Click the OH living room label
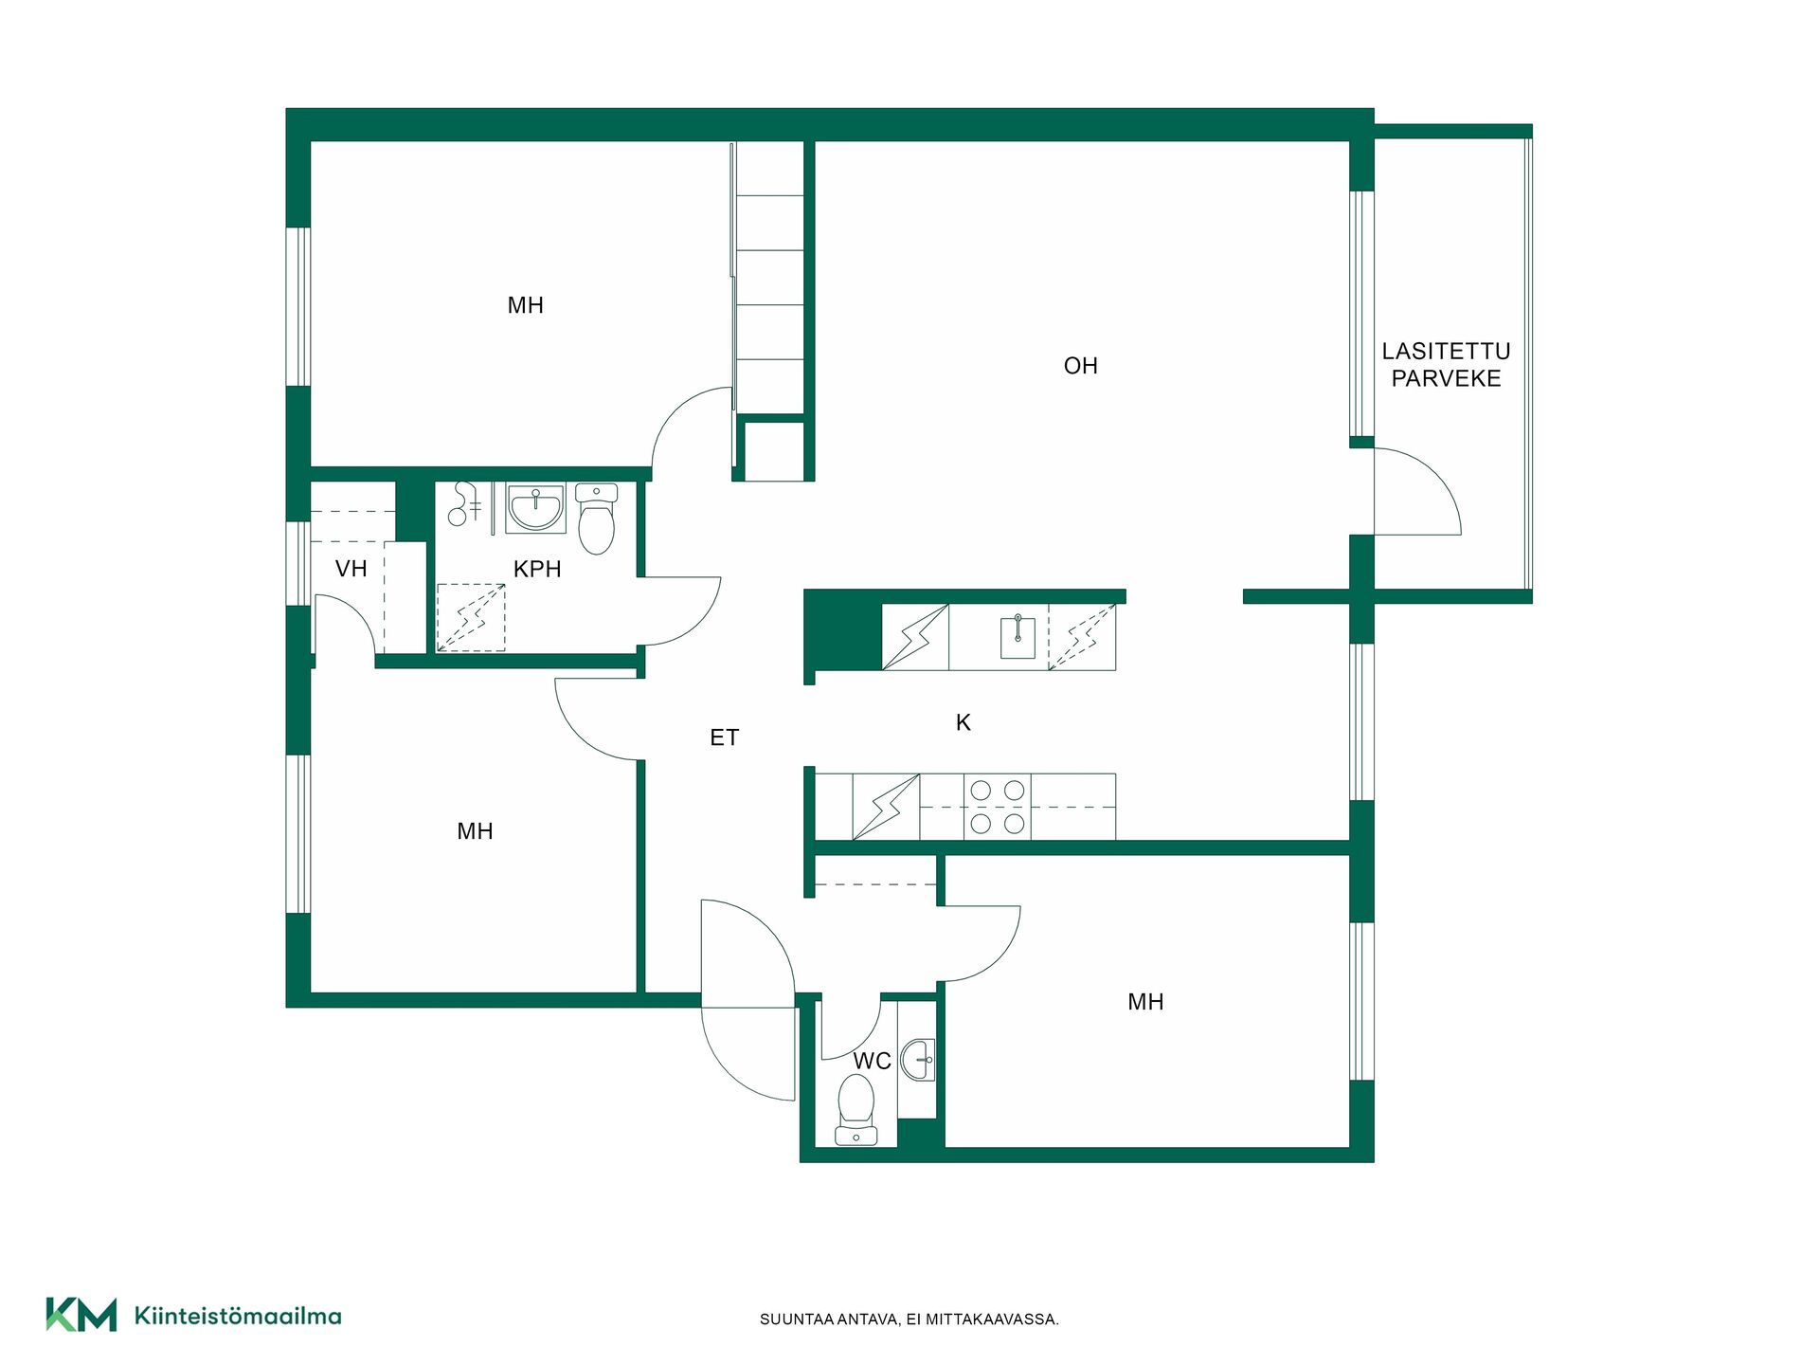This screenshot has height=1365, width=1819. (x=1080, y=366)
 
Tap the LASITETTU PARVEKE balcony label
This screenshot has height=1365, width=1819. (x=1446, y=365)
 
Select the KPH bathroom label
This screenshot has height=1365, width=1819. (x=537, y=569)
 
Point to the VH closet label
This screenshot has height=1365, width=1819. (x=351, y=569)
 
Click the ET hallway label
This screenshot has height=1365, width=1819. (x=724, y=737)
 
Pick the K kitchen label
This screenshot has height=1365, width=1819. (x=964, y=722)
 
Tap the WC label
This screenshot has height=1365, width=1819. (x=872, y=1061)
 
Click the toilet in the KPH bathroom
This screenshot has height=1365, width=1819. (x=596, y=519)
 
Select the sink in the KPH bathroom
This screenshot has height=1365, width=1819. (x=536, y=508)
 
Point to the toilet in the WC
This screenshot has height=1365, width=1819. (x=856, y=1109)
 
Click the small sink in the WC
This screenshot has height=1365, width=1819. (x=917, y=1059)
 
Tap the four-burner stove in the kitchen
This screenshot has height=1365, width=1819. (x=998, y=807)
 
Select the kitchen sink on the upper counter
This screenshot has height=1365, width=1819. (x=1018, y=637)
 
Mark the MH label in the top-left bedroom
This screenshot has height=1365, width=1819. (x=525, y=305)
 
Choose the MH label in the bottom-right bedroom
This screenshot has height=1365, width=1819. (x=1145, y=1002)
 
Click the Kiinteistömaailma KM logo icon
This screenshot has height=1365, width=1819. (x=81, y=1315)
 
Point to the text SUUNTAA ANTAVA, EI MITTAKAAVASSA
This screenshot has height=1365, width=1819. (x=909, y=1319)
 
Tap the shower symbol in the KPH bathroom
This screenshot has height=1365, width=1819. (x=471, y=618)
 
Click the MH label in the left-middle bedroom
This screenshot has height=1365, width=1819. (x=475, y=831)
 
